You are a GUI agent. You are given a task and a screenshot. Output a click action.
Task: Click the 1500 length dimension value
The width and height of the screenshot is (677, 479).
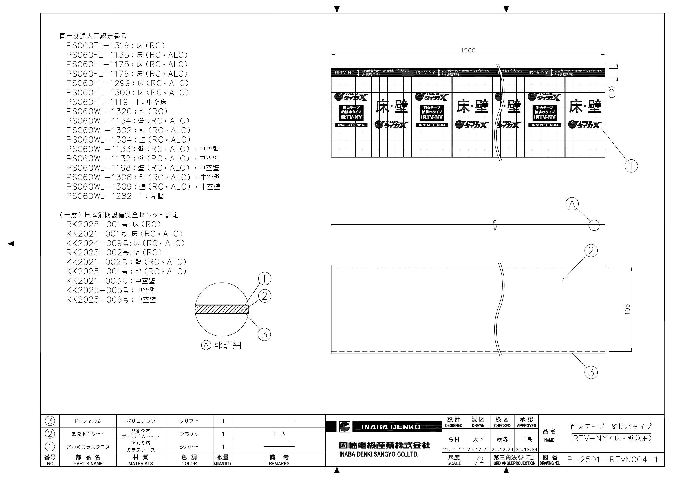[468, 50]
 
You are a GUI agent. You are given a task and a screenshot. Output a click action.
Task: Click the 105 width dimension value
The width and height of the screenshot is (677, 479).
[627, 309]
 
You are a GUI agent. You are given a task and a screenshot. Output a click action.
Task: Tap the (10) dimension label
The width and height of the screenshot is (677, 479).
[611, 92]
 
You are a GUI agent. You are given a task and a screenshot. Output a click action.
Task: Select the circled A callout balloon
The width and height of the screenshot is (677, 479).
[572, 204]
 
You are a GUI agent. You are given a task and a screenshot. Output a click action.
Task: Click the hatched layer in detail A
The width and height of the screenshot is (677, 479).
[222, 309]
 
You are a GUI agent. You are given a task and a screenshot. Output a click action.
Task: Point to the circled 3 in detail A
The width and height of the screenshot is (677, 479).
[264, 334]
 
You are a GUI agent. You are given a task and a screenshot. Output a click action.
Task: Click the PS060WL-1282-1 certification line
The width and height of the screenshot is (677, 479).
[115, 196]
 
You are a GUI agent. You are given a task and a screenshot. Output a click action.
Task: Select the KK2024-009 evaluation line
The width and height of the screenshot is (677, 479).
[126, 243]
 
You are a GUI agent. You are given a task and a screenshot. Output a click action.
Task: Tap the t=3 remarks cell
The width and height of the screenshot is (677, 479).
[279, 434]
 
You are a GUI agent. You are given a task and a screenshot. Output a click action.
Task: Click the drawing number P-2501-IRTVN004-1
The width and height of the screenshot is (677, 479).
[612, 460]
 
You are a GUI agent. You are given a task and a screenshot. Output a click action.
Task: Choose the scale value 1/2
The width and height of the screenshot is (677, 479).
[478, 460]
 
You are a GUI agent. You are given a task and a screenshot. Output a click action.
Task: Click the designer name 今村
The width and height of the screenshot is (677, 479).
[454, 440]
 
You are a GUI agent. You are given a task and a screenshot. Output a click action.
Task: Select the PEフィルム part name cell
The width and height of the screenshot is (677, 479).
[88, 421]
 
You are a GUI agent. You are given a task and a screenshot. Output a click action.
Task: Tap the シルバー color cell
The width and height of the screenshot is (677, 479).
[189, 447]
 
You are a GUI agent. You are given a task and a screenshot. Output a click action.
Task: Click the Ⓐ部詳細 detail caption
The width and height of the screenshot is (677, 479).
[221, 345]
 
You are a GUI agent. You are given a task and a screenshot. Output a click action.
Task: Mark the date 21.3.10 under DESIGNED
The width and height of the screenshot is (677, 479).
[454, 450]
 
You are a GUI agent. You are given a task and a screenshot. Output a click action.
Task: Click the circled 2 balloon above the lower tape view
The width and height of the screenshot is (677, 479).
[591, 251]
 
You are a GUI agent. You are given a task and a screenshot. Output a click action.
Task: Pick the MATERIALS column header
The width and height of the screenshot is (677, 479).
[141, 460]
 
